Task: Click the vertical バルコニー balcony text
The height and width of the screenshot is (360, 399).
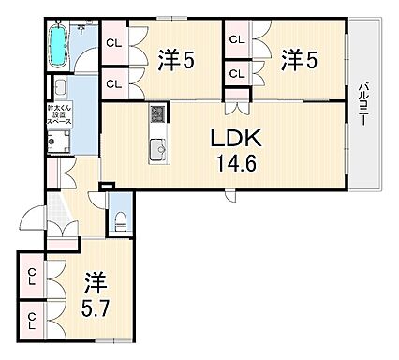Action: [x=362, y=104]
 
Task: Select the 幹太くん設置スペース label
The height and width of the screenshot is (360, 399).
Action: [x=58, y=115]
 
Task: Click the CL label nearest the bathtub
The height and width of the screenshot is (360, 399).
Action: [x=114, y=42]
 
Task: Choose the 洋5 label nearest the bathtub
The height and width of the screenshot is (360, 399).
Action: [x=175, y=60]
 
